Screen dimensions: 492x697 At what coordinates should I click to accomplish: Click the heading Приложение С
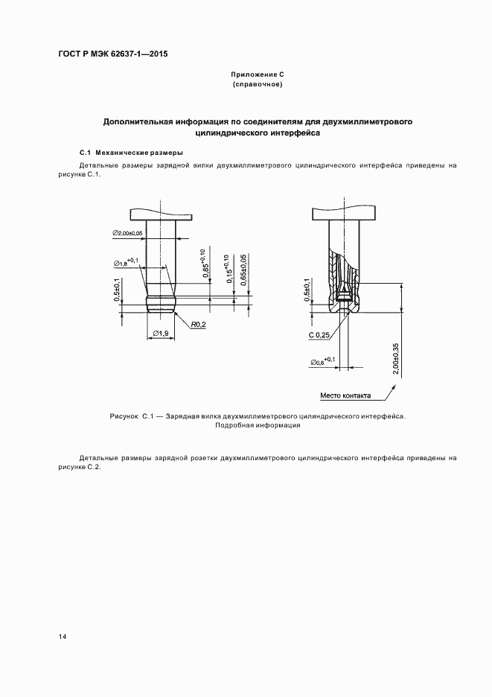(x=258, y=75)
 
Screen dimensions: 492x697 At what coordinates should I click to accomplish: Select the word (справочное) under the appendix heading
(x=258, y=85)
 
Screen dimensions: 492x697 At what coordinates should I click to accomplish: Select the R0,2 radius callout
(x=197, y=325)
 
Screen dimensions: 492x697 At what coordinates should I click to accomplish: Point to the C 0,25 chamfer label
(x=319, y=335)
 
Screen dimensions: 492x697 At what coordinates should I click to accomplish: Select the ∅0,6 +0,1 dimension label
(x=322, y=361)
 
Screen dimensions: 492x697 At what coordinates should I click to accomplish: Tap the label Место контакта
(x=345, y=395)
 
